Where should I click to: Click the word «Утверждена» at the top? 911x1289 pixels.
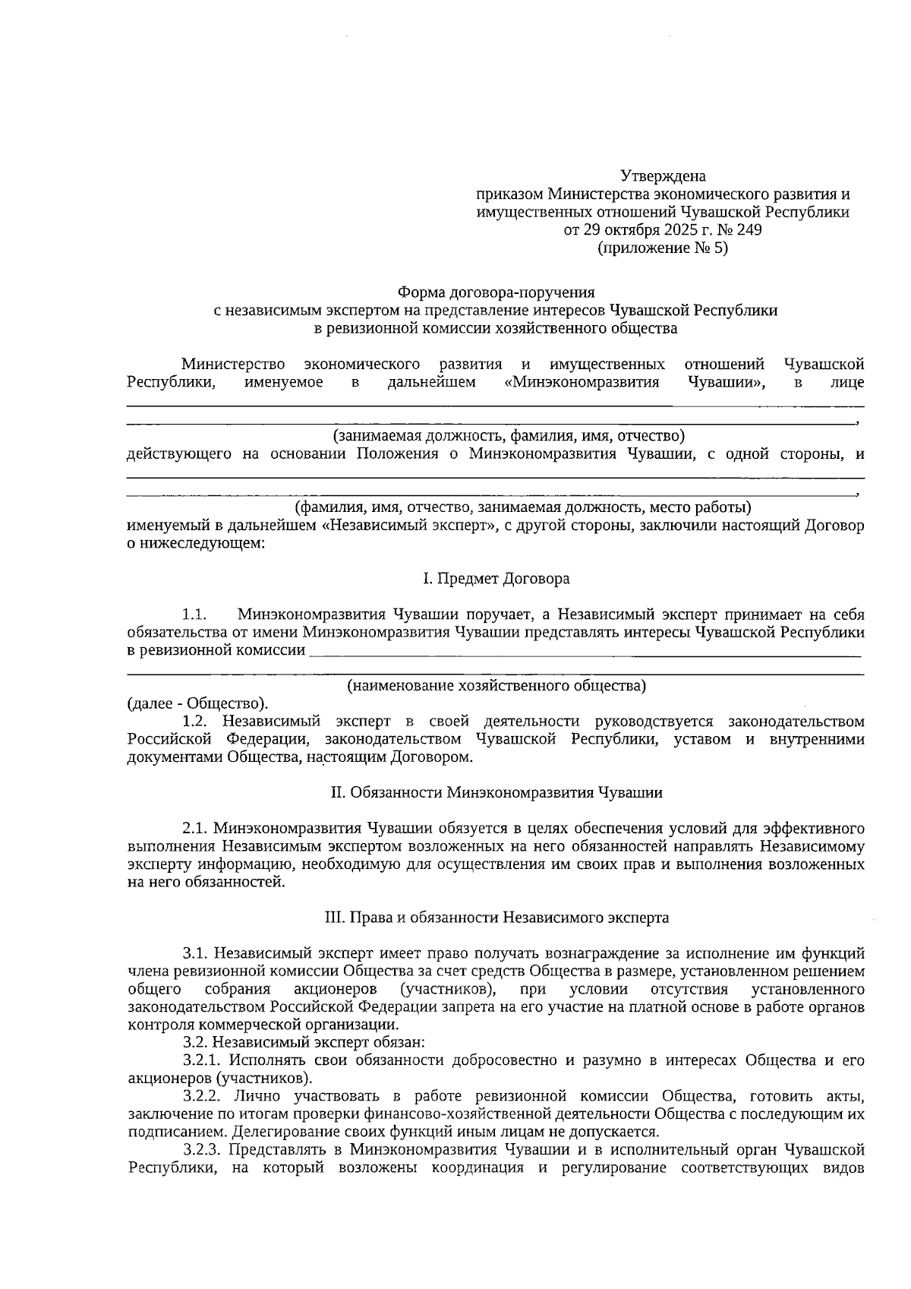663,176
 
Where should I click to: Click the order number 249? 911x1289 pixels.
749,230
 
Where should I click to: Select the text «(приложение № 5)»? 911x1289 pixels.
663,248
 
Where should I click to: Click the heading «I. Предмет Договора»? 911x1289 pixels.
496,579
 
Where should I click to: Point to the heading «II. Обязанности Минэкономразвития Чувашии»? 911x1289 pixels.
496,792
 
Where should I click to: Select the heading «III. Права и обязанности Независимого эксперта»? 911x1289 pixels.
496,918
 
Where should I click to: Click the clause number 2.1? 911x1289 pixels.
195,828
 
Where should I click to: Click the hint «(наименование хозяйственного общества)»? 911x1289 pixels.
496,686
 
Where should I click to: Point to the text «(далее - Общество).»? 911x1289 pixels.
197,703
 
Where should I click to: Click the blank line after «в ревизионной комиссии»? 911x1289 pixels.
585,652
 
